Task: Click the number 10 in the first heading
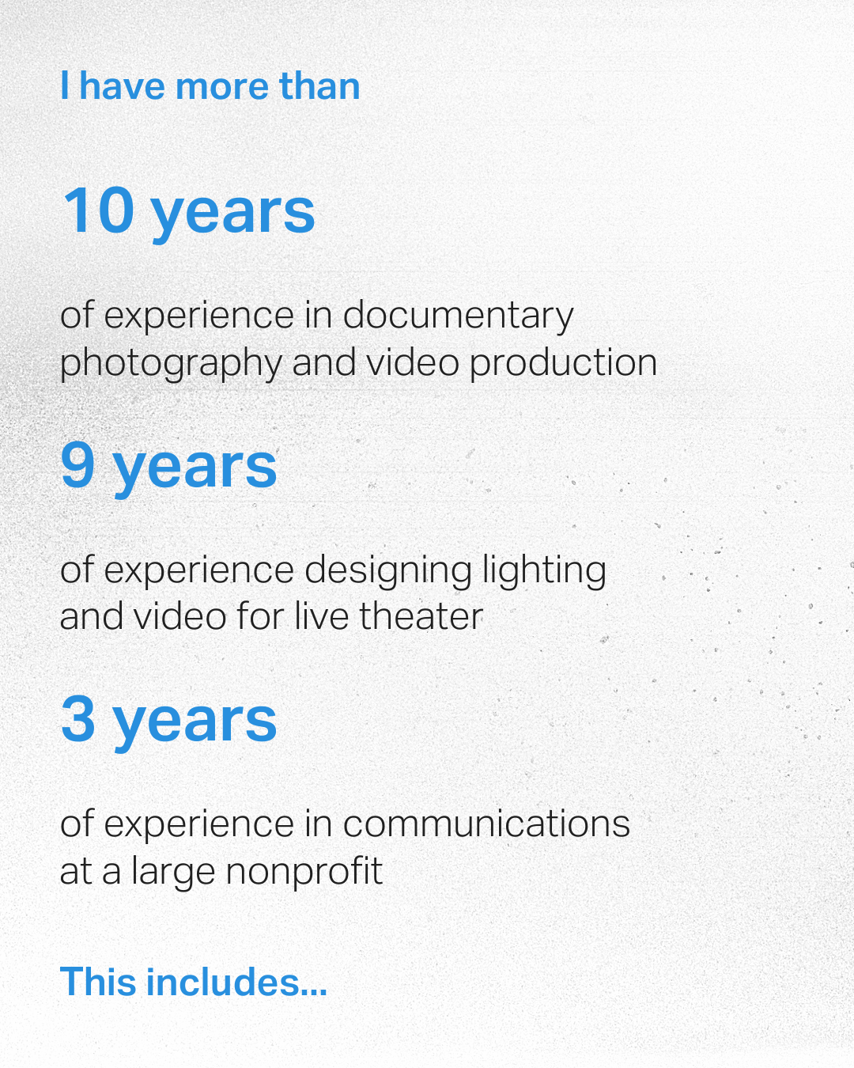[x=98, y=210]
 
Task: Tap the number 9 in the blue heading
[x=77, y=465]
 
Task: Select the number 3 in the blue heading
[x=77, y=719]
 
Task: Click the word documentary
[x=458, y=316]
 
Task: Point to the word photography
[x=170, y=364]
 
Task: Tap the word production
[x=563, y=362]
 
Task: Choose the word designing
[x=388, y=571]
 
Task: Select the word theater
[x=421, y=616]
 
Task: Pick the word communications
[x=486, y=824]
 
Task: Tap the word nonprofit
[x=304, y=872]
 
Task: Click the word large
[x=172, y=873]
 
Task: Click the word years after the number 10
[x=232, y=212]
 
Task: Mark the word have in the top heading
[x=123, y=86]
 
